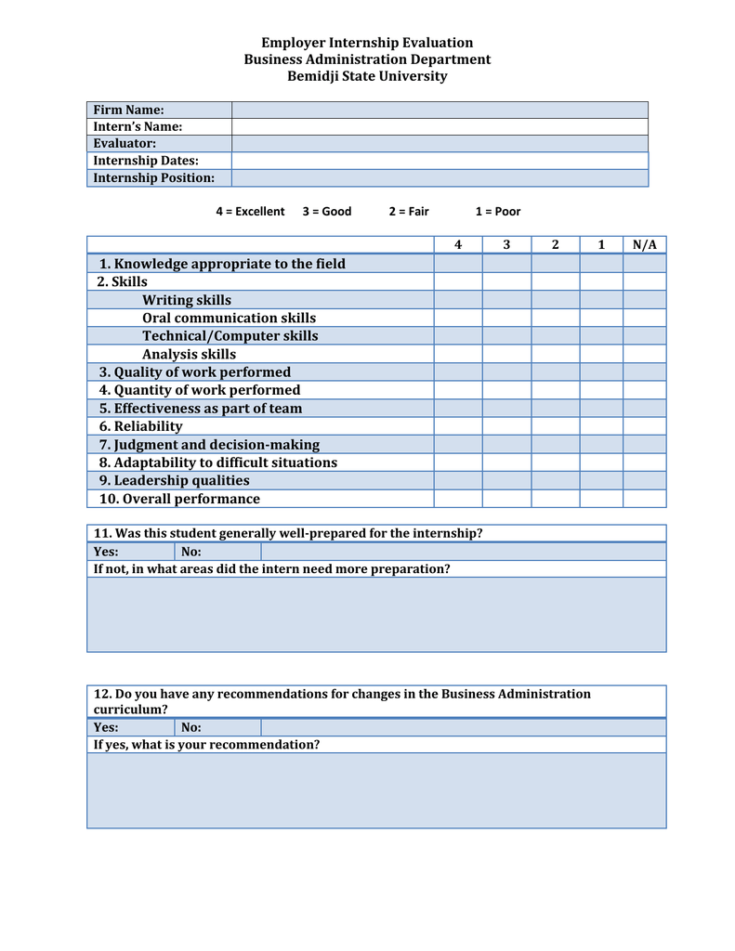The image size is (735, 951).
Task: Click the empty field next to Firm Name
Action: (x=440, y=110)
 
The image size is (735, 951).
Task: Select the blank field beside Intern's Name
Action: (x=440, y=126)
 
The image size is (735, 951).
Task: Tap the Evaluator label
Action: (x=125, y=144)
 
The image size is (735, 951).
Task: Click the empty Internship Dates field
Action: (x=440, y=161)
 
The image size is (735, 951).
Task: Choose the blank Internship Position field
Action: (x=440, y=177)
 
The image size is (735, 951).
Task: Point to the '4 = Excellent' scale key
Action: (x=250, y=212)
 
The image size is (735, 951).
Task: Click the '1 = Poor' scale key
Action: (x=498, y=212)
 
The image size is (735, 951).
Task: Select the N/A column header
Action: (x=644, y=245)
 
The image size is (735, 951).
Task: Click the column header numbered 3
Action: (x=506, y=245)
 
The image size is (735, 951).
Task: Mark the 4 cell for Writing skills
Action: (x=457, y=300)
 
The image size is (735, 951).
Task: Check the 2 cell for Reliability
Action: (x=555, y=426)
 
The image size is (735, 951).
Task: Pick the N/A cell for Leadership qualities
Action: (x=644, y=480)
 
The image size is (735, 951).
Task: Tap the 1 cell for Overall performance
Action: (x=601, y=499)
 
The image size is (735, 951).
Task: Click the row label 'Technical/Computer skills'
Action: (x=230, y=336)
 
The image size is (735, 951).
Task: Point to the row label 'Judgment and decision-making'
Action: (x=209, y=445)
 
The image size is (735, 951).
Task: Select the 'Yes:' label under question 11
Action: (x=106, y=552)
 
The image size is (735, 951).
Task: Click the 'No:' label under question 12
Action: (x=191, y=727)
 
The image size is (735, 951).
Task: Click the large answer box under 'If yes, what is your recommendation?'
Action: (x=376, y=790)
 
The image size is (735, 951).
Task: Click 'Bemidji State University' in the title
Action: (x=367, y=76)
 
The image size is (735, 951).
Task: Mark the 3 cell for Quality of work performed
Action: (x=506, y=372)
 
